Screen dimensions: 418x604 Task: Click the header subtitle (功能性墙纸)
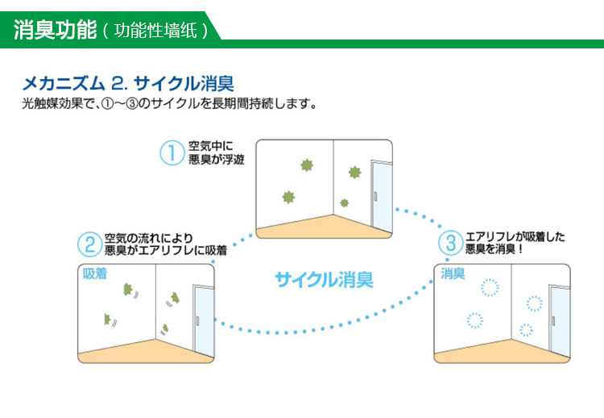pyautogui.click(x=155, y=31)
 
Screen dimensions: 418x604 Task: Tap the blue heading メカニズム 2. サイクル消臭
pyautogui.click(x=129, y=83)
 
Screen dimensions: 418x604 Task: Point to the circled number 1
pyautogui.click(x=172, y=153)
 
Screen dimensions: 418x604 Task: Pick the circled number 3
pyautogui.click(x=450, y=243)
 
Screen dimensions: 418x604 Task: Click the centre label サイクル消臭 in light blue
pyautogui.click(x=324, y=280)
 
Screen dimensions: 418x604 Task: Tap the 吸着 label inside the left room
pyautogui.click(x=95, y=274)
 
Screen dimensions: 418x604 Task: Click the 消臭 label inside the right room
pyautogui.click(x=453, y=274)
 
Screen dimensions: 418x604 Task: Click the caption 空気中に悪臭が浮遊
pyautogui.click(x=216, y=153)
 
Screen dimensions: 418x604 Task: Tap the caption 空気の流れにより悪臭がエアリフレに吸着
pyautogui.click(x=165, y=245)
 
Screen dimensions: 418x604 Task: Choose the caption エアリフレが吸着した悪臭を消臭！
pyautogui.click(x=515, y=243)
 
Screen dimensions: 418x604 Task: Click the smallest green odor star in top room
pyautogui.click(x=345, y=203)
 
